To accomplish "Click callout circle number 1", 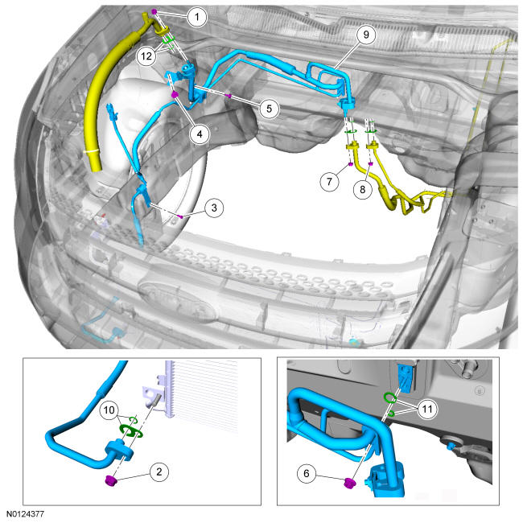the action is (197, 17).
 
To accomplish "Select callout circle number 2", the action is (159, 472).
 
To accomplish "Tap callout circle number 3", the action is (214, 208).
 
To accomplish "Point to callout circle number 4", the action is (200, 134).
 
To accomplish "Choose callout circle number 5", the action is (269, 109).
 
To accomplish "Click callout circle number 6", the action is (307, 473).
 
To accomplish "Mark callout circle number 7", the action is (330, 182).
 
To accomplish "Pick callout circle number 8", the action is (363, 189).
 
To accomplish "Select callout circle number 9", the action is (366, 35).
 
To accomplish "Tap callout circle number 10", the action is (109, 410).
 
